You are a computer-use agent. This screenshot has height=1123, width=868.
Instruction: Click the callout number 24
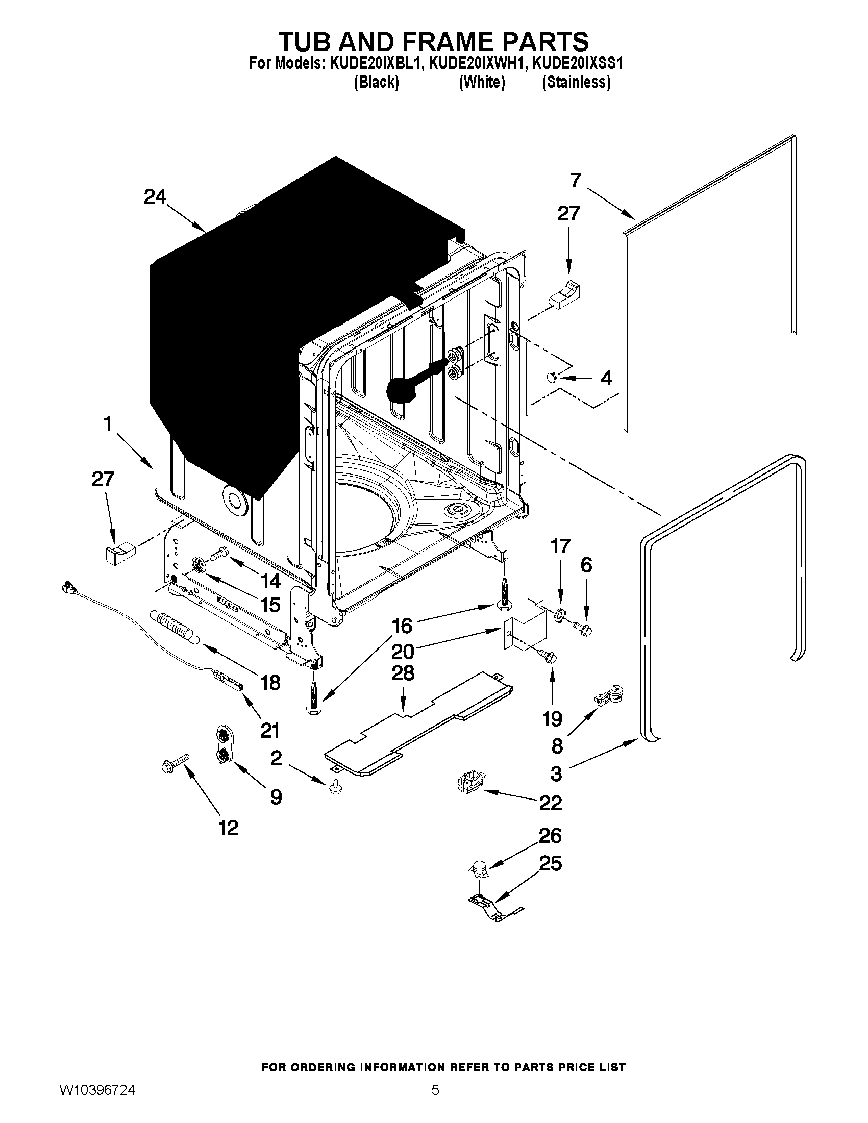coord(155,197)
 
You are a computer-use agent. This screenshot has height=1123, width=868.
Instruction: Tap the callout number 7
coord(575,181)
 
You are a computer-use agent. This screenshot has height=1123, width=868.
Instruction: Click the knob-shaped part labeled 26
coord(479,868)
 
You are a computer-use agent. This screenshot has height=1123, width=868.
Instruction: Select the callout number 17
coord(560,546)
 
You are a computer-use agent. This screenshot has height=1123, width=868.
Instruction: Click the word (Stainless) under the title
coord(576,82)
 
